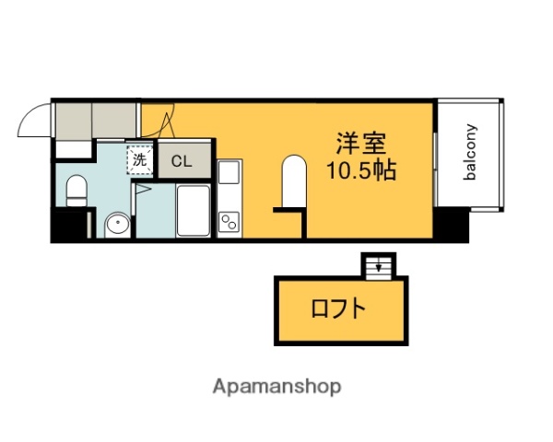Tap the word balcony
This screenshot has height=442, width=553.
[470, 154]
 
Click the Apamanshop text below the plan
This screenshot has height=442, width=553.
[276, 387]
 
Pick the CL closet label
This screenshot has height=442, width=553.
[181, 161]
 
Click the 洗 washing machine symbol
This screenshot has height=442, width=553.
[139, 158]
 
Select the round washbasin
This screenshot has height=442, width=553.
[117, 223]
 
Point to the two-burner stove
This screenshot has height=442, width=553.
[228, 222]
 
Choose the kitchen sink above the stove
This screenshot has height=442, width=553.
[228, 172]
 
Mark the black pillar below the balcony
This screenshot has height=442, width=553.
[452, 223]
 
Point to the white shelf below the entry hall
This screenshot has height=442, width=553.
[71, 148]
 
